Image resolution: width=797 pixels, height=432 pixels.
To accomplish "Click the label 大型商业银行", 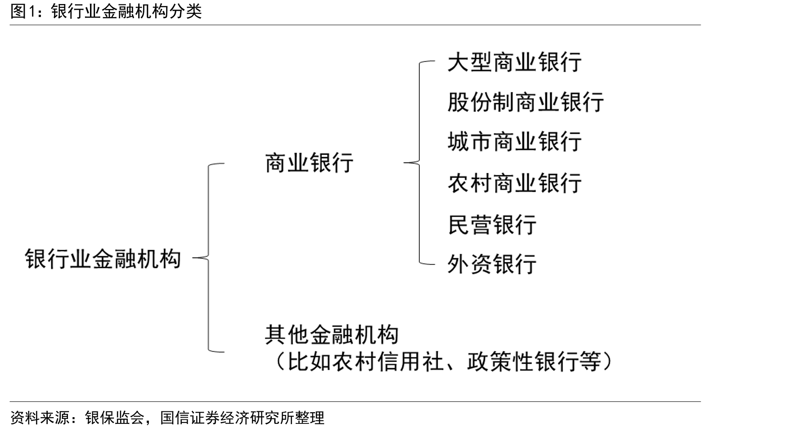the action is (x=514, y=62).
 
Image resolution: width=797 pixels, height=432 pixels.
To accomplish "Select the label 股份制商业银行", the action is (x=526, y=102).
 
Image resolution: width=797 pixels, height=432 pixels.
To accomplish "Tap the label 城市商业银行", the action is (x=514, y=142).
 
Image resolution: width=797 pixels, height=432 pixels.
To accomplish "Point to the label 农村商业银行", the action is (x=514, y=183).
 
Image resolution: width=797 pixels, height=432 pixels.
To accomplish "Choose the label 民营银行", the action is (x=492, y=224).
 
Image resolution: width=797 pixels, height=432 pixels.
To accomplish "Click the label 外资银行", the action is (x=492, y=264).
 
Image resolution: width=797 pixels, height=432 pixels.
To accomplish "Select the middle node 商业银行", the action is (x=309, y=163).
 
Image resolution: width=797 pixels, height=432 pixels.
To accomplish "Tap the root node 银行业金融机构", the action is (x=103, y=258).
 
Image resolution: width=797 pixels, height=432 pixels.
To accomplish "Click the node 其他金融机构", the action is (x=332, y=335).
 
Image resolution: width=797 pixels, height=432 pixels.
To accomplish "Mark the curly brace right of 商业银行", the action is (x=419, y=163).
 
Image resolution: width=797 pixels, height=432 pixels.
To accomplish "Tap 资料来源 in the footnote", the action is (x=40, y=418).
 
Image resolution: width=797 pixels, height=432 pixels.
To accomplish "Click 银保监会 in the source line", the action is (x=115, y=418).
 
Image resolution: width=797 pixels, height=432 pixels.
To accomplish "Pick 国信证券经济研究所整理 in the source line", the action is (x=243, y=418).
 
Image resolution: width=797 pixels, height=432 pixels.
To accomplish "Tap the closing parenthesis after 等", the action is (x=607, y=362).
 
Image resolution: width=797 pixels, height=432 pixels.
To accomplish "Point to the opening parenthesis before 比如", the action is (x=280, y=362).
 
